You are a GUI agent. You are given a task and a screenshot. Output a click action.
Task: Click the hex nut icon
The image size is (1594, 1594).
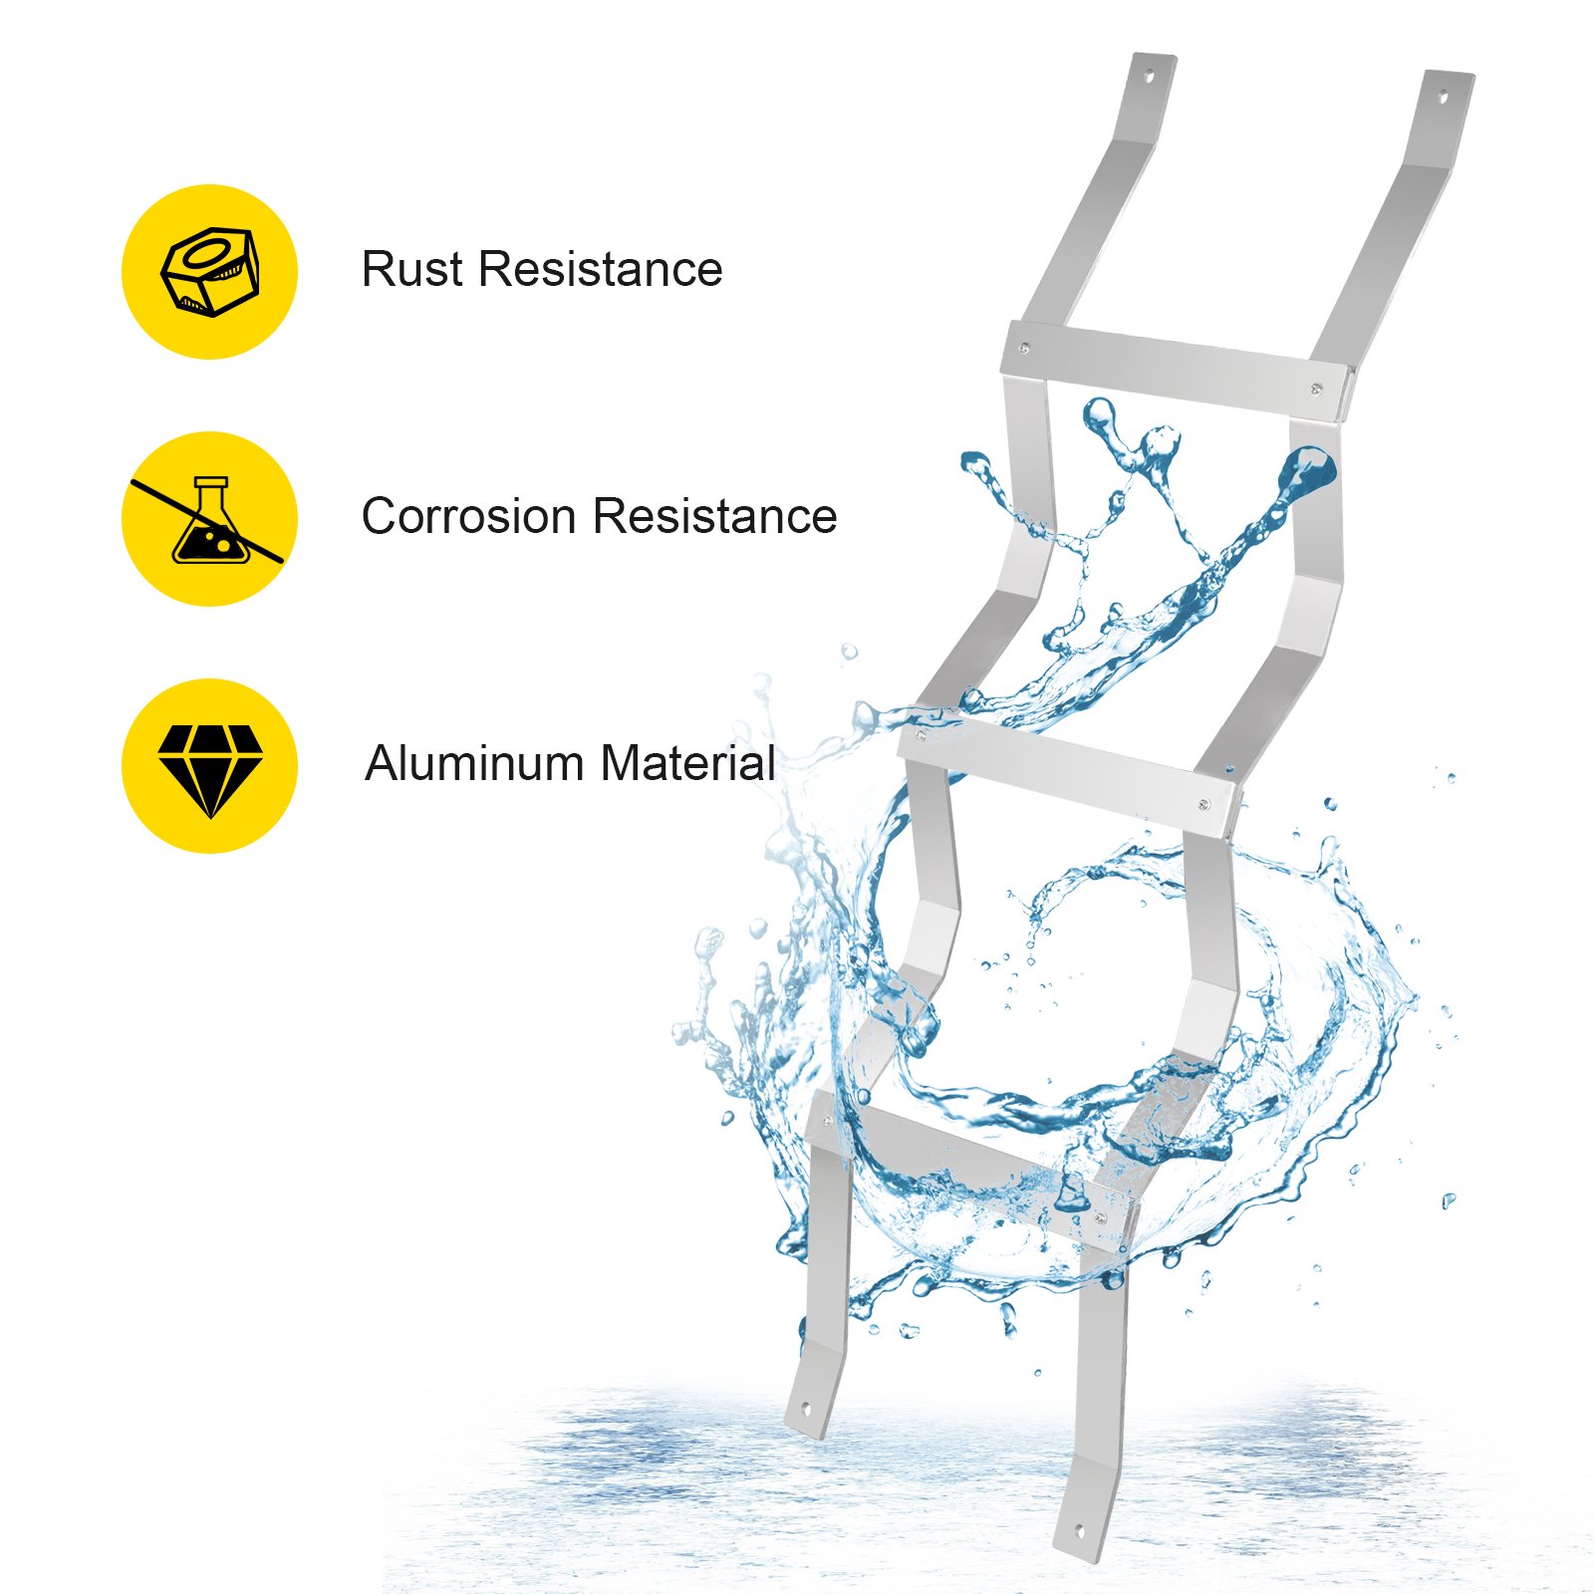pos(210,272)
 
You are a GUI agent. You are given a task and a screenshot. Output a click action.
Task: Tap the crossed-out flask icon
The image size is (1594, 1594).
pos(209,519)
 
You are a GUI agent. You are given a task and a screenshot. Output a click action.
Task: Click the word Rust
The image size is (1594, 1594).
pos(412,269)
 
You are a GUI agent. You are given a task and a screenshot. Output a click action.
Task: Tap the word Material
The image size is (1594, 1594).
pos(687,763)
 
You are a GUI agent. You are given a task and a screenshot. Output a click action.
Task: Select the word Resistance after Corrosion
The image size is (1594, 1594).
pos(715,516)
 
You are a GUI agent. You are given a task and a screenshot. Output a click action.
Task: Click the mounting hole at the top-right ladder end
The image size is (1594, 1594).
pos(1444,97)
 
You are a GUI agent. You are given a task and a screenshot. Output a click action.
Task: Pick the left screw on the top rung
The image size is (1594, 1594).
pos(1025,349)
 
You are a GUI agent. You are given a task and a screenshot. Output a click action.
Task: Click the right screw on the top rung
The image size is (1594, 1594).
pos(1317,390)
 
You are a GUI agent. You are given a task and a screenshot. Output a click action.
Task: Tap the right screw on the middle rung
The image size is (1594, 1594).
pos(1204,804)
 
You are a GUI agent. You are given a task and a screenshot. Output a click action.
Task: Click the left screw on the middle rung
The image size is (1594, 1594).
pos(920,737)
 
